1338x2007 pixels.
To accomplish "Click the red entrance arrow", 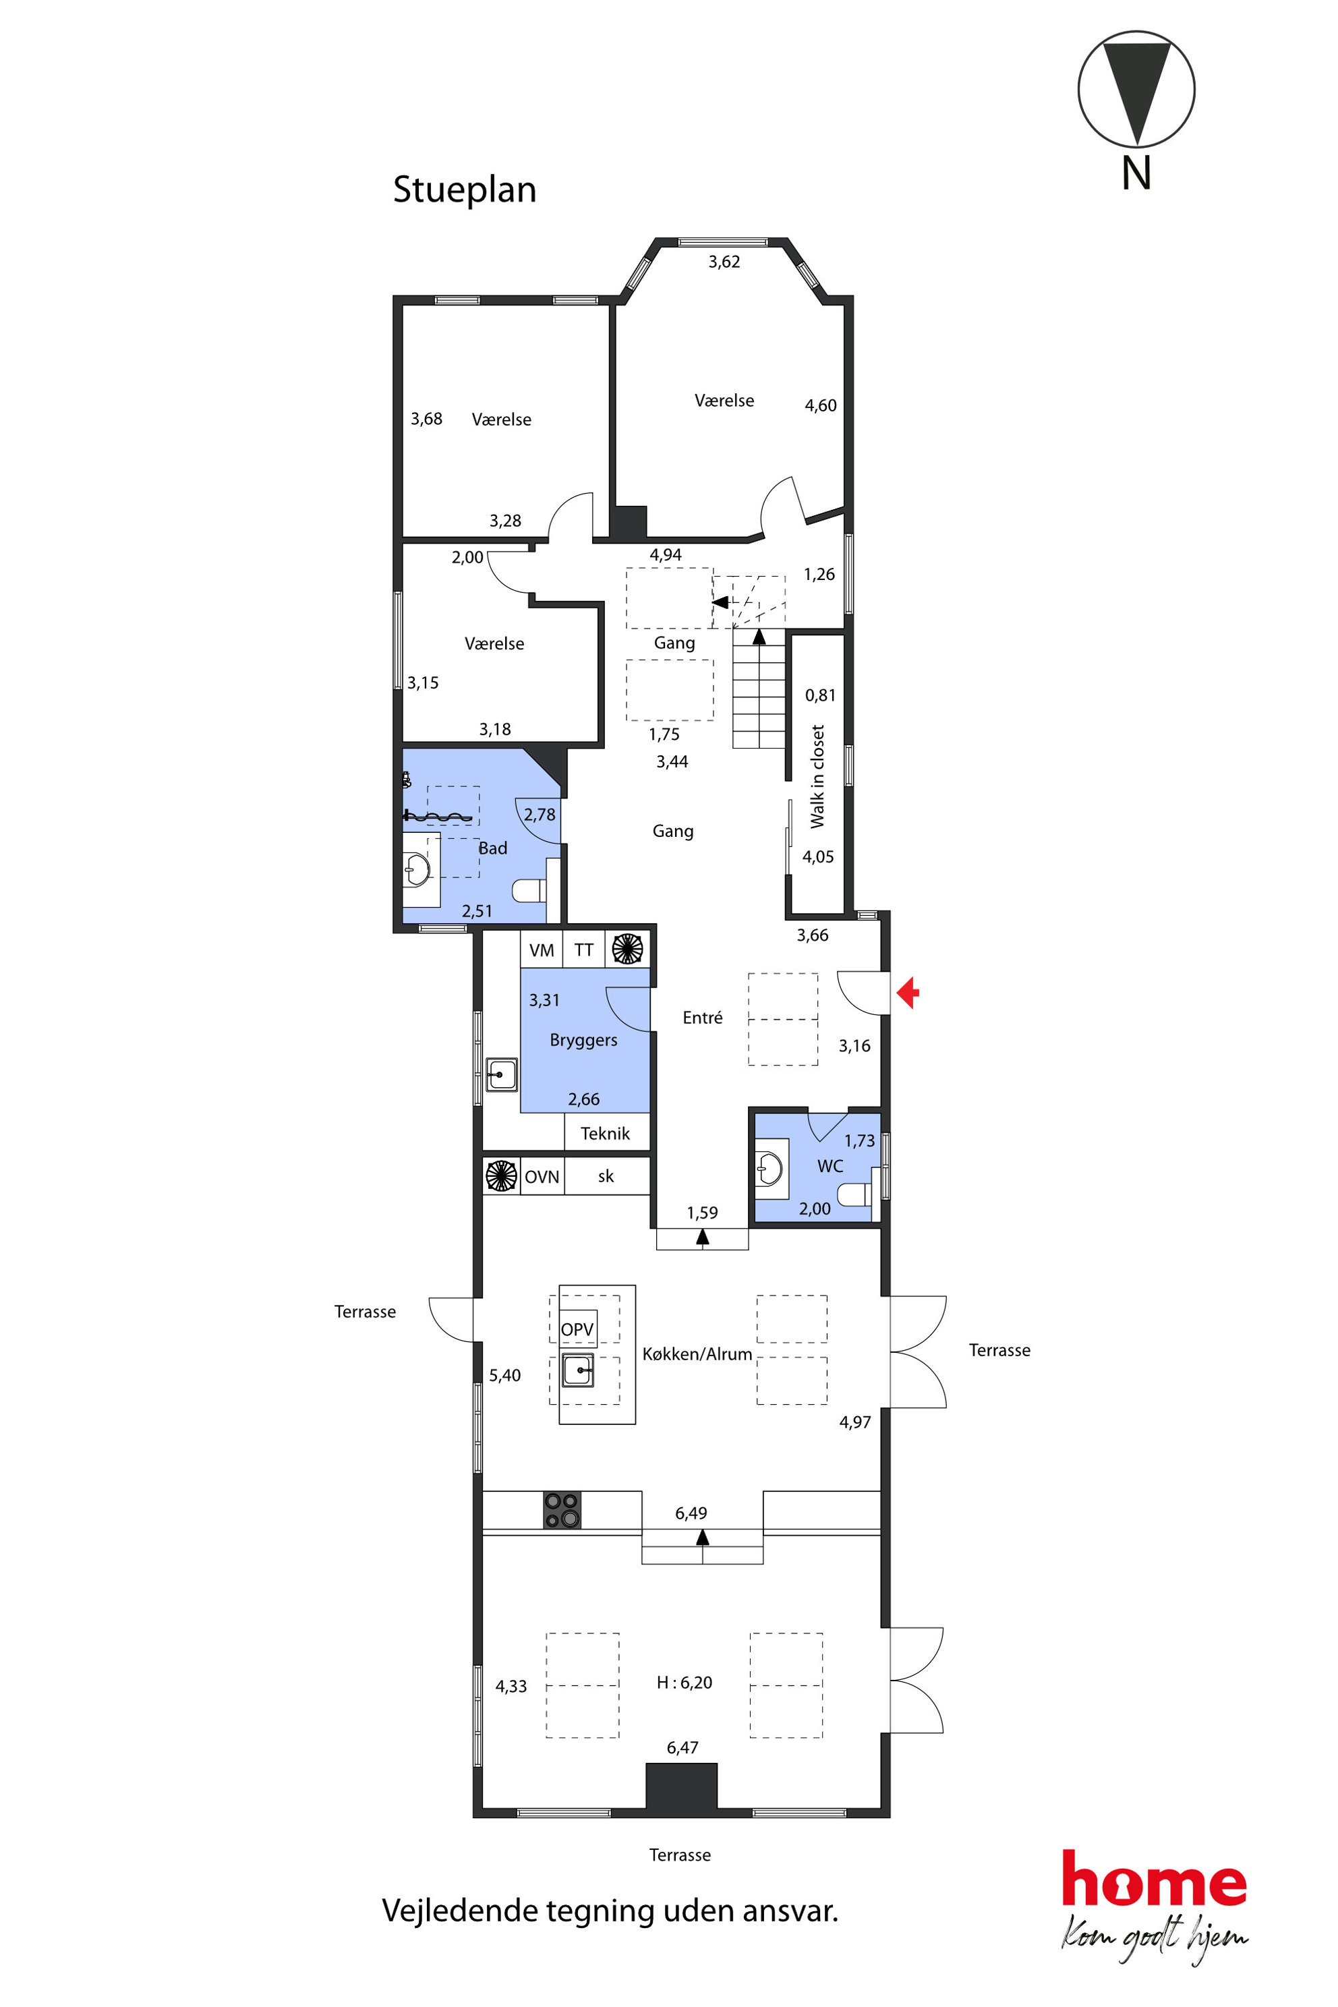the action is [908, 993].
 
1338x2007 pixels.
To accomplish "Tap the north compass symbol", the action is [1136, 90].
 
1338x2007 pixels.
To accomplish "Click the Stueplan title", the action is [464, 190].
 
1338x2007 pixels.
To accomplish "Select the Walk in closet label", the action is [817, 776].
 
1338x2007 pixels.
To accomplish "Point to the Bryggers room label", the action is [583, 1040].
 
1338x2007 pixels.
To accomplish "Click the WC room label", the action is [830, 1165].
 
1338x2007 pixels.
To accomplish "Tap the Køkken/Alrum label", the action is [697, 1354].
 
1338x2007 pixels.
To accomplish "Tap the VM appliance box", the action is [541, 950].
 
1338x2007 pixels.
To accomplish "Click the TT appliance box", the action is [583, 950].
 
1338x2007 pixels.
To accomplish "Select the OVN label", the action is [542, 1177].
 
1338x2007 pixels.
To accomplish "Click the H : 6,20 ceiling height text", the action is [685, 1682].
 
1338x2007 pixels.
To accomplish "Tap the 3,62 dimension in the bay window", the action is [724, 262].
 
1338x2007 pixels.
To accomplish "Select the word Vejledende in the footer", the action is [460, 1911].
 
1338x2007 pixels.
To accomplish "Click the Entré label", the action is [702, 1017].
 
